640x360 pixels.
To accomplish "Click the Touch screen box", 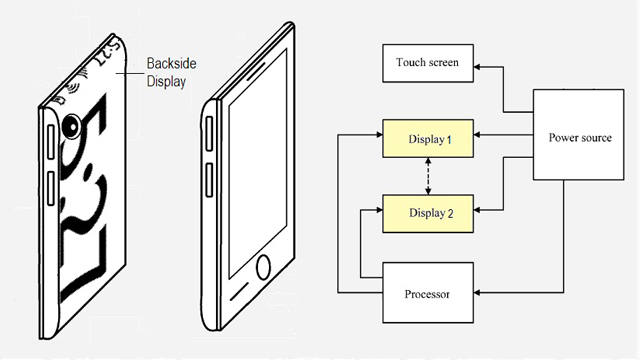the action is [x=428, y=63].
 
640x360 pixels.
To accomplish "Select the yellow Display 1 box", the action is [x=428, y=138].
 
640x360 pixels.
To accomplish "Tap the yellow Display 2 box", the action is [x=428, y=213].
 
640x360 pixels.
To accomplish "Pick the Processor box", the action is [x=428, y=293].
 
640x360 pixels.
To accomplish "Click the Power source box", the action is [x=578, y=135].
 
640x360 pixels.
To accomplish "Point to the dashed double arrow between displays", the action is [x=428, y=176].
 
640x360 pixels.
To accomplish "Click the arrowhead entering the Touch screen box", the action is [x=477, y=67].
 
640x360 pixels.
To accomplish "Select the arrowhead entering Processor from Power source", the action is [x=477, y=293].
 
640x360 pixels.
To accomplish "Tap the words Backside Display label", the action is [x=171, y=72].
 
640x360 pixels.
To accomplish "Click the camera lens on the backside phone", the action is [x=72, y=127].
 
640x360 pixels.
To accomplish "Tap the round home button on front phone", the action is [x=263, y=267].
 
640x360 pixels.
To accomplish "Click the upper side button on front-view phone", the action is [x=209, y=133].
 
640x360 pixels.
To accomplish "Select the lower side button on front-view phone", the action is [x=209, y=180].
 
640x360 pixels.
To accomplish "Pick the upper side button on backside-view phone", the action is [x=51, y=142].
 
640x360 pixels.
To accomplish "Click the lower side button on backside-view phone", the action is [x=51, y=188].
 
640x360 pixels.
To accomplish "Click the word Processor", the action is [x=427, y=294].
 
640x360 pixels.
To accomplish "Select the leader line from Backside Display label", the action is [x=129, y=73].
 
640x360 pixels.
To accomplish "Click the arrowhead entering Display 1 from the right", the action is [x=477, y=135].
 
